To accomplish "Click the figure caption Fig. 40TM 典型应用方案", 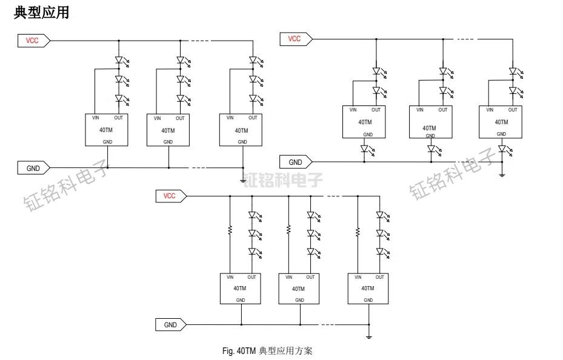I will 267,351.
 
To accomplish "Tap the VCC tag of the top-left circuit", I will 32,41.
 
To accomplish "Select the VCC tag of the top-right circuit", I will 295,39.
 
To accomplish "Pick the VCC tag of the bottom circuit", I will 170,196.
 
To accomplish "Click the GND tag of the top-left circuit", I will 32,168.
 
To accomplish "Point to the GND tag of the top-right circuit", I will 295,162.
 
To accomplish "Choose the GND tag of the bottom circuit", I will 171,325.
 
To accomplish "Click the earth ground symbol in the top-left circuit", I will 243,179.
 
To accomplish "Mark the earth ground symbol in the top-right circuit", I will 502,174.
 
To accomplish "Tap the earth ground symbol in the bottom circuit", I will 368,336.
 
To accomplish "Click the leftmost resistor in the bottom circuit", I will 230,230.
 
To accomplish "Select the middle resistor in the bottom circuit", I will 288,230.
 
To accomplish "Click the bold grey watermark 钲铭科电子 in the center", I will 283,180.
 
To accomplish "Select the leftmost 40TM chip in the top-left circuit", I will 106,130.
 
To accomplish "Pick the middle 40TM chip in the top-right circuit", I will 430,122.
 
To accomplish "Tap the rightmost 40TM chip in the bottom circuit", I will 368,288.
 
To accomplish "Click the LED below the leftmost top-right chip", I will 366,148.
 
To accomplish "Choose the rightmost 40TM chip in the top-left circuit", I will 241,130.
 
